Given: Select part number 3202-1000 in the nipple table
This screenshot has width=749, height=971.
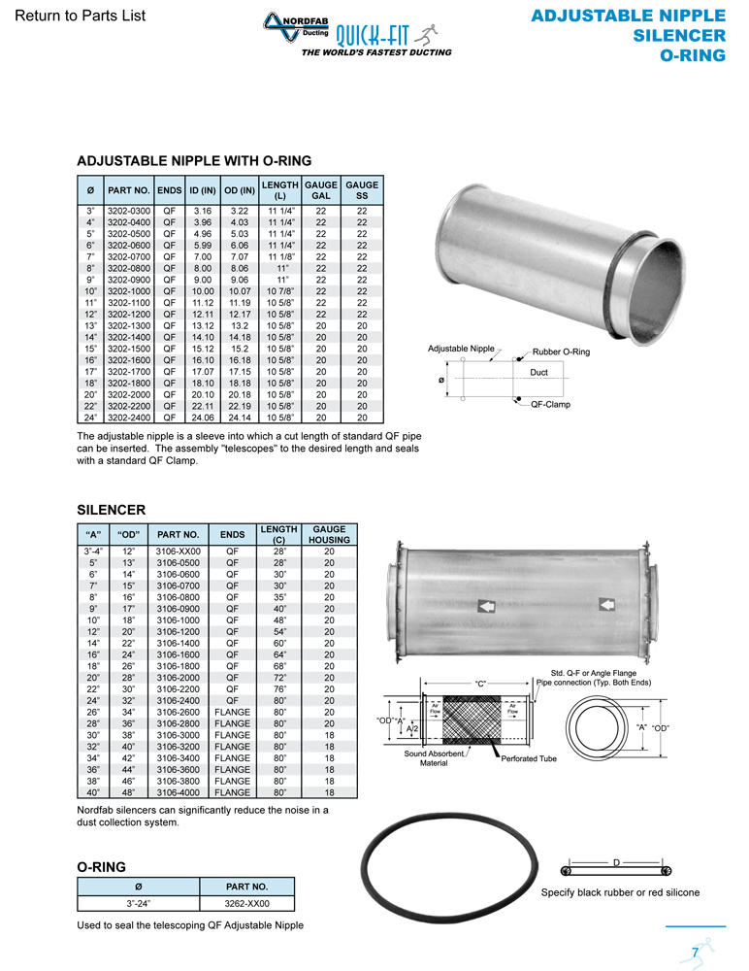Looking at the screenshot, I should [128, 291].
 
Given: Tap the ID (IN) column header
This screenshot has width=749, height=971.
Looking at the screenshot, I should [202, 189].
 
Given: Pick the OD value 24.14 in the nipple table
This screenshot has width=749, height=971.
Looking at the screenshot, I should [240, 418].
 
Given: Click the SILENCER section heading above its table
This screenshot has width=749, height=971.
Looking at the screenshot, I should [111, 509].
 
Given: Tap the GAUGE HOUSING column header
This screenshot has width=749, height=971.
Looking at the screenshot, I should [329, 534].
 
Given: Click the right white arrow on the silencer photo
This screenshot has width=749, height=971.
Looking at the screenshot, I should [606, 605].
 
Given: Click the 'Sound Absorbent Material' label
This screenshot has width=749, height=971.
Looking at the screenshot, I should [434, 757].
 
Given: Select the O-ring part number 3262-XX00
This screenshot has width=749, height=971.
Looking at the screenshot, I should [245, 903].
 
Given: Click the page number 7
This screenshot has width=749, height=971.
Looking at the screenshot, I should [696, 951].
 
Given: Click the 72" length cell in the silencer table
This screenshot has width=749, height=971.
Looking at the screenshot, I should [278, 677].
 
